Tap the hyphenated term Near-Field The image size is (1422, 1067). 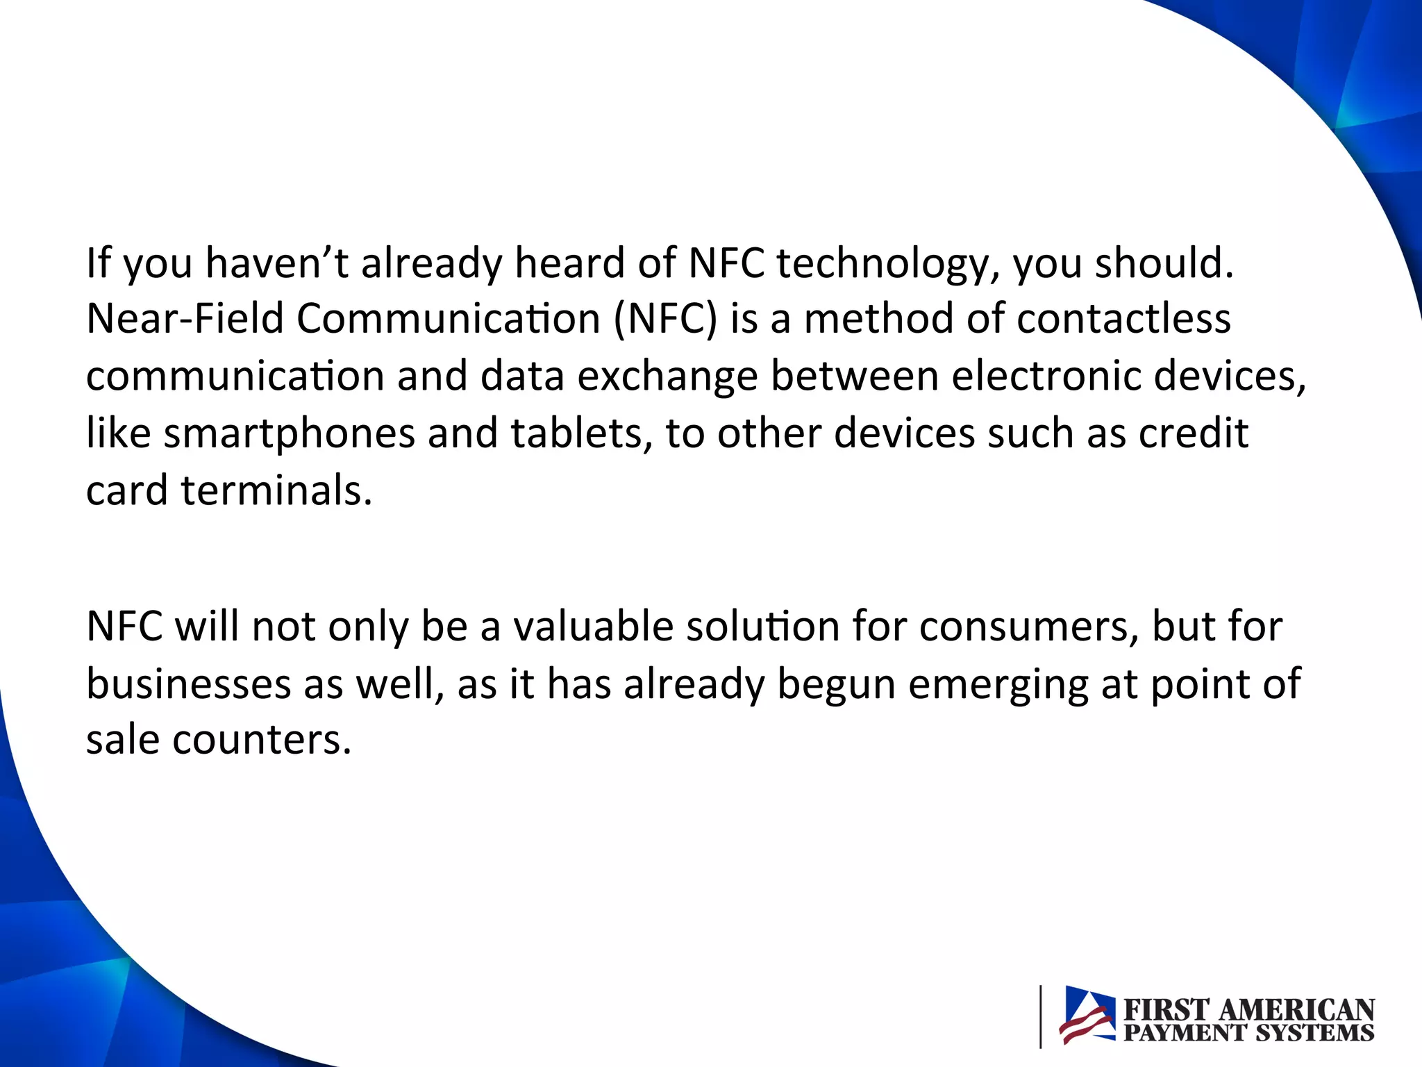tap(185, 319)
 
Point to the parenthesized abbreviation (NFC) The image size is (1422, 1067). tap(664, 320)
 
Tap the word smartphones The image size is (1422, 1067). tap(289, 434)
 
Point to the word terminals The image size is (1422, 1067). tap(276, 490)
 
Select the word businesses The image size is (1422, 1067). tap(188, 684)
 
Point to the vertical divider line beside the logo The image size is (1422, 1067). tap(1040, 1016)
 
